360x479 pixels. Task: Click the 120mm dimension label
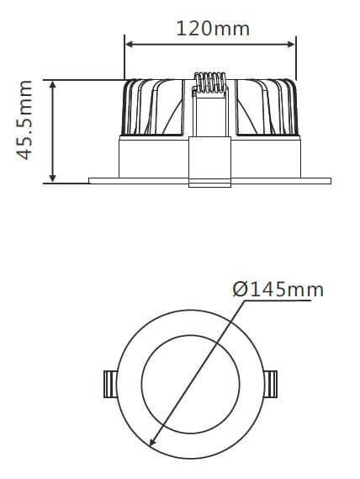point(212,28)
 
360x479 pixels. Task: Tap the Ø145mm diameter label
point(278,290)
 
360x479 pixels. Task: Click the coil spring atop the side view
point(210,85)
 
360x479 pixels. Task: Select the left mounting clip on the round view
point(109,384)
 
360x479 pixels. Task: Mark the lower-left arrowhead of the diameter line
point(152,443)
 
